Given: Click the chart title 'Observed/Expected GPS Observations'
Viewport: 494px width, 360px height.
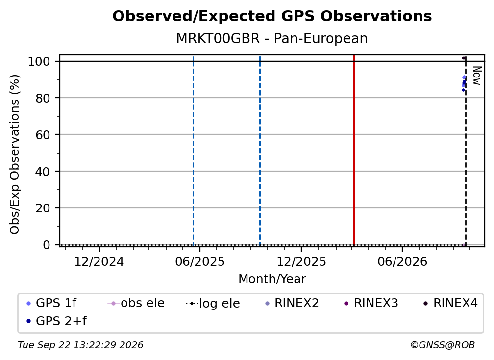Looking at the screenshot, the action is coord(272,16).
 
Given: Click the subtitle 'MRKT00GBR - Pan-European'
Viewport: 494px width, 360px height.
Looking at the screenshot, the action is coord(272,39).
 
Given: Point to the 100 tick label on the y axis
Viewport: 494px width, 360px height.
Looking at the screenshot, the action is coord(39,61).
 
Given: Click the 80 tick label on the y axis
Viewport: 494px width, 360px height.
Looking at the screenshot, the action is coord(43,98).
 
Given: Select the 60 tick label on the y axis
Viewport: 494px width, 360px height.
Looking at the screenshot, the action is coord(43,134).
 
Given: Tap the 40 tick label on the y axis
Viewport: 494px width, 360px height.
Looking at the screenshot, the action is coord(43,171).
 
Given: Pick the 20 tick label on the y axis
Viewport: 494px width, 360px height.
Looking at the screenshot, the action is coord(43,208).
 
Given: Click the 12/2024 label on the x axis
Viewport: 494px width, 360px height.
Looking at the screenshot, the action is coord(99,262).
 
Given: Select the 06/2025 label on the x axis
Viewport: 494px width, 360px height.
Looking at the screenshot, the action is coord(200,262).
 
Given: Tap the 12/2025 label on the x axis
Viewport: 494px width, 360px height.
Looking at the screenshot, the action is coord(301,262).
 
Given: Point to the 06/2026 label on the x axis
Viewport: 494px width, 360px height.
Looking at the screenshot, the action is coord(402,262).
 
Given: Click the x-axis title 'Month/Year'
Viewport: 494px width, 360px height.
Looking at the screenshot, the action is coord(272,279).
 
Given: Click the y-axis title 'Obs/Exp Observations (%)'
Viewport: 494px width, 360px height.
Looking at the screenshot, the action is coord(15,154).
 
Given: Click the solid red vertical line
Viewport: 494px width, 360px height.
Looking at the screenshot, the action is coord(354,151).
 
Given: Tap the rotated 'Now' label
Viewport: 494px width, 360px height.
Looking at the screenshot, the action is coord(477,76).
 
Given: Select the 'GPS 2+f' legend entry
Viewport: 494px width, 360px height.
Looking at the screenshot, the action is coord(57,321).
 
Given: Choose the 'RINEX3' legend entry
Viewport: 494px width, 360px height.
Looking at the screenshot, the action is coord(371,303).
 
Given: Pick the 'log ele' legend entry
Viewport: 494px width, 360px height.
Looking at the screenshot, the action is coord(213,304).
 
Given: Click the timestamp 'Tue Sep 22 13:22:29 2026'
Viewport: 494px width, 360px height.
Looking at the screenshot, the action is coord(80,345).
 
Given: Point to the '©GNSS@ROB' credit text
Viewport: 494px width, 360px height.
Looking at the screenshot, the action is coord(443,345).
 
